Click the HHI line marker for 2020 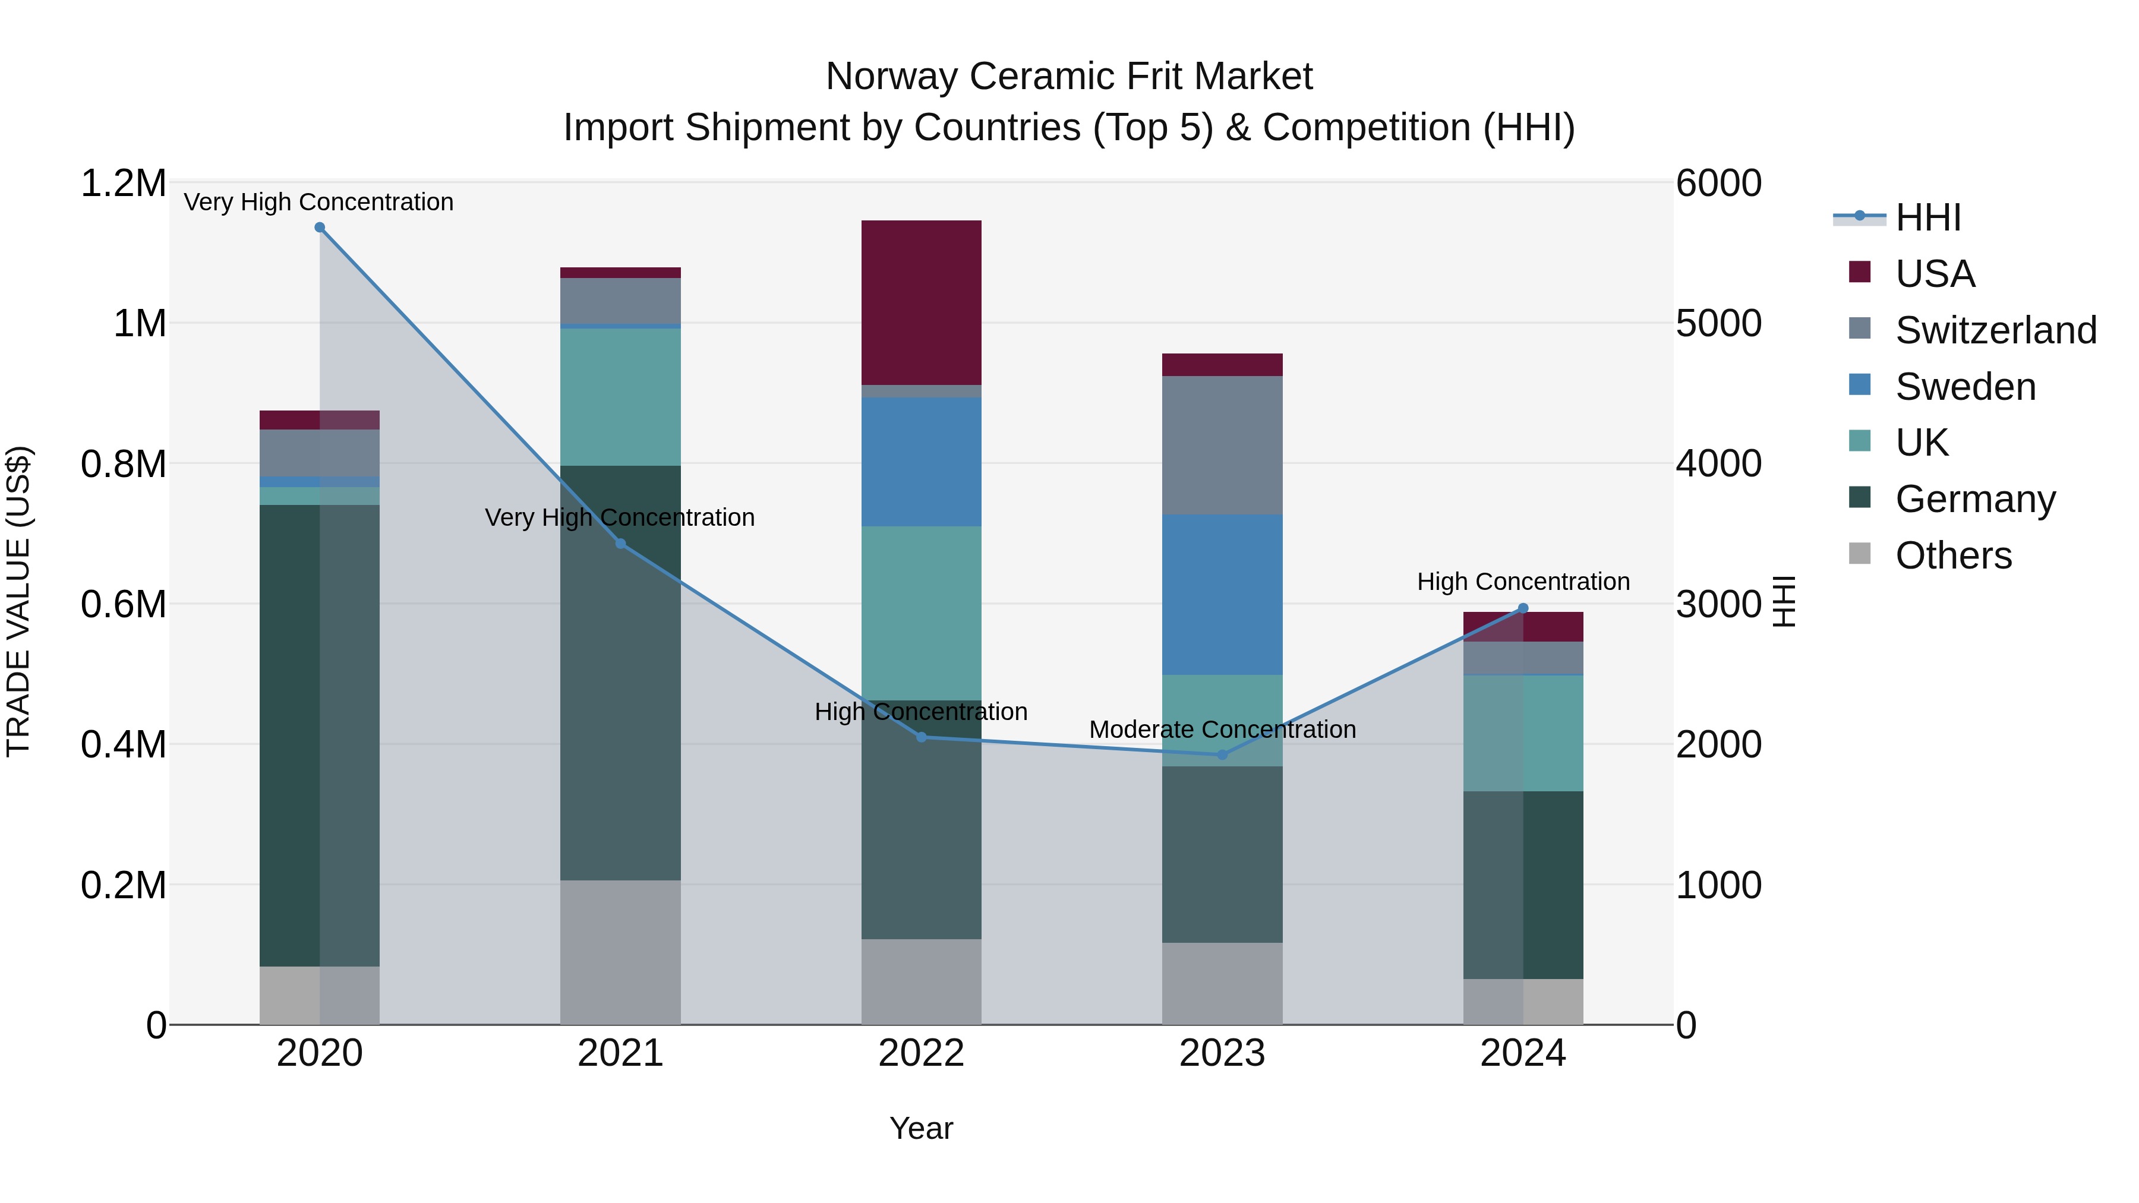tap(320, 228)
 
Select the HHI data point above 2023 tap(1222, 754)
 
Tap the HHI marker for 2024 tap(1523, 608)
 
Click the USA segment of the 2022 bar tap(921, 302)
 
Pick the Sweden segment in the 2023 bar tap(1222, 595)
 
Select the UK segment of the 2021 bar tap(620, 397)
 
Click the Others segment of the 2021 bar tap(620, 952)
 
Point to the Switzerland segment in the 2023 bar tap(1222, 445)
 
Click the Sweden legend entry tap(1965, 387)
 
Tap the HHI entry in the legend tap(1927, 217)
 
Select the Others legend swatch tap(1860, 554)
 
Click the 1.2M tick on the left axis tap(123, 184)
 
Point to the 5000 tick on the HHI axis tap(1718, 324)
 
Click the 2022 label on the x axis tap(921, 1053)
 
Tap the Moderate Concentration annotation tap(1222, 730)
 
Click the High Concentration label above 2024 tap(1523, 582)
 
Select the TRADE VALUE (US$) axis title tap(19, 601)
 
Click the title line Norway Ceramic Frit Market tap(1069, 77)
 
